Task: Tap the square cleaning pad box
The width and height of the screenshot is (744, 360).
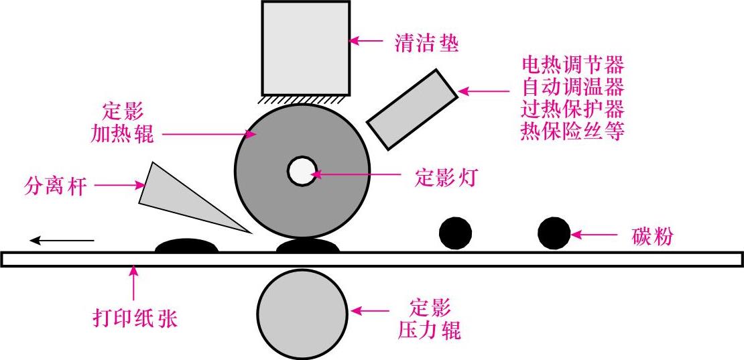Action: [x=306, y=48]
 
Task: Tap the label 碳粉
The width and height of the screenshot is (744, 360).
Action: [x=653, y=235]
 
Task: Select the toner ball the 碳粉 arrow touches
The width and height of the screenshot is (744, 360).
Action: [x=554, y=233]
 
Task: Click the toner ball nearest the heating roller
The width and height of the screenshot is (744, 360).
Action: [x=455, y=233]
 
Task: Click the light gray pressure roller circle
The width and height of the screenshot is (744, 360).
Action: [x=302, y=313]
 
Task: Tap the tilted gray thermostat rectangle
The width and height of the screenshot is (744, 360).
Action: [x=412, y=107]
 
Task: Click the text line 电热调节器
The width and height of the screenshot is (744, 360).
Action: [x=572, y=65]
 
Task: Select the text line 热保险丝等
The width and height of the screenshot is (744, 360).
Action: [x=572, y=131]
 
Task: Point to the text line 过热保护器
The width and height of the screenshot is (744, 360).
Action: [x=572, y=109]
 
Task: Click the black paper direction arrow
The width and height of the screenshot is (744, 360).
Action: [x=61, y=239]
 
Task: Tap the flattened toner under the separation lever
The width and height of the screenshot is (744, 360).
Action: [x=187, y=246]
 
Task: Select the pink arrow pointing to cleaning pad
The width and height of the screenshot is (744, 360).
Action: [x=368, y=41]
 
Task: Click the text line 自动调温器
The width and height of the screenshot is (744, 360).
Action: [x=572, y=87]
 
